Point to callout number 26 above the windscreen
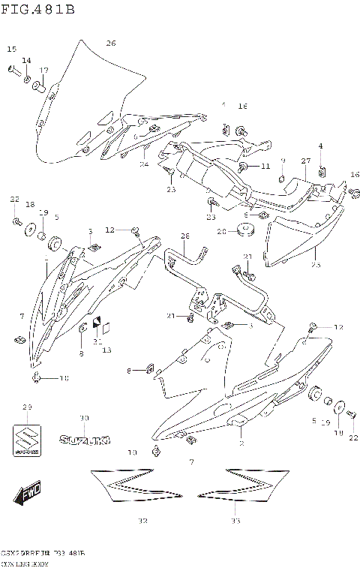click(x=110, y=43)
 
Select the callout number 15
click(x=11, y=49)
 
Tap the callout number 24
click(x=144, y=164)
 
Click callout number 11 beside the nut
click(x=265, y=167)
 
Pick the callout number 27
click(x=305, y=161)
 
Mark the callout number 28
click(x=185, y=236)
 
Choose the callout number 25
click(x=316, y=265)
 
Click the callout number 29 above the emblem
click(x=28, y=407)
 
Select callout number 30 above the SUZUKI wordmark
click(x=84, y=418)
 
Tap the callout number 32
click(x=142, y=521)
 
